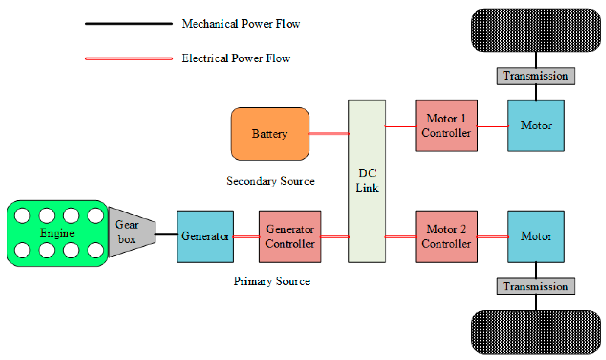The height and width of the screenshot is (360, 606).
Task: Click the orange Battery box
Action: point(270,134)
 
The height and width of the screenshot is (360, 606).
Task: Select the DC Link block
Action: point(367,181)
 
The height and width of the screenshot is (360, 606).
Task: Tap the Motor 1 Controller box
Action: point(446,126)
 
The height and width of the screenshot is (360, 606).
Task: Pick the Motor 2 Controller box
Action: point(446,237)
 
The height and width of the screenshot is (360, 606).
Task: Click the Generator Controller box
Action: point(290,237)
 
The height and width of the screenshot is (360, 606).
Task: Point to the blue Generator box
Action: point(205,237)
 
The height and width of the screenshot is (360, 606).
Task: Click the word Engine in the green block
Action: point(57,233)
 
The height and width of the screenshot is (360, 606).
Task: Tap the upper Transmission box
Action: point(536,76)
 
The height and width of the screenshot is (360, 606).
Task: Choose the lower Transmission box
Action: point(536,286)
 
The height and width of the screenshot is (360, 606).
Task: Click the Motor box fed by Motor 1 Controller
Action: point(536,126)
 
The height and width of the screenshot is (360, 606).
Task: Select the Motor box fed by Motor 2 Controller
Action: point(536,237)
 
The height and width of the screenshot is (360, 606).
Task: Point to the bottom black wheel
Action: point(536,332)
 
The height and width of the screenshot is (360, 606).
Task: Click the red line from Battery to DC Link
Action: point(329,134)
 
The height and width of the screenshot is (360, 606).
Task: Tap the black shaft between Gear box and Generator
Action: point(166,234)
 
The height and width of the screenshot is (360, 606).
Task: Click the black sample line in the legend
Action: point(129,24)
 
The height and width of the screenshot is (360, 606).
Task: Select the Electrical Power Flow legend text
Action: point(236,58)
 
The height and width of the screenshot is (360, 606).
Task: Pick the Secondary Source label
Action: point(270,181)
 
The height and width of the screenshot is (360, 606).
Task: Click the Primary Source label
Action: point(272,281)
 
